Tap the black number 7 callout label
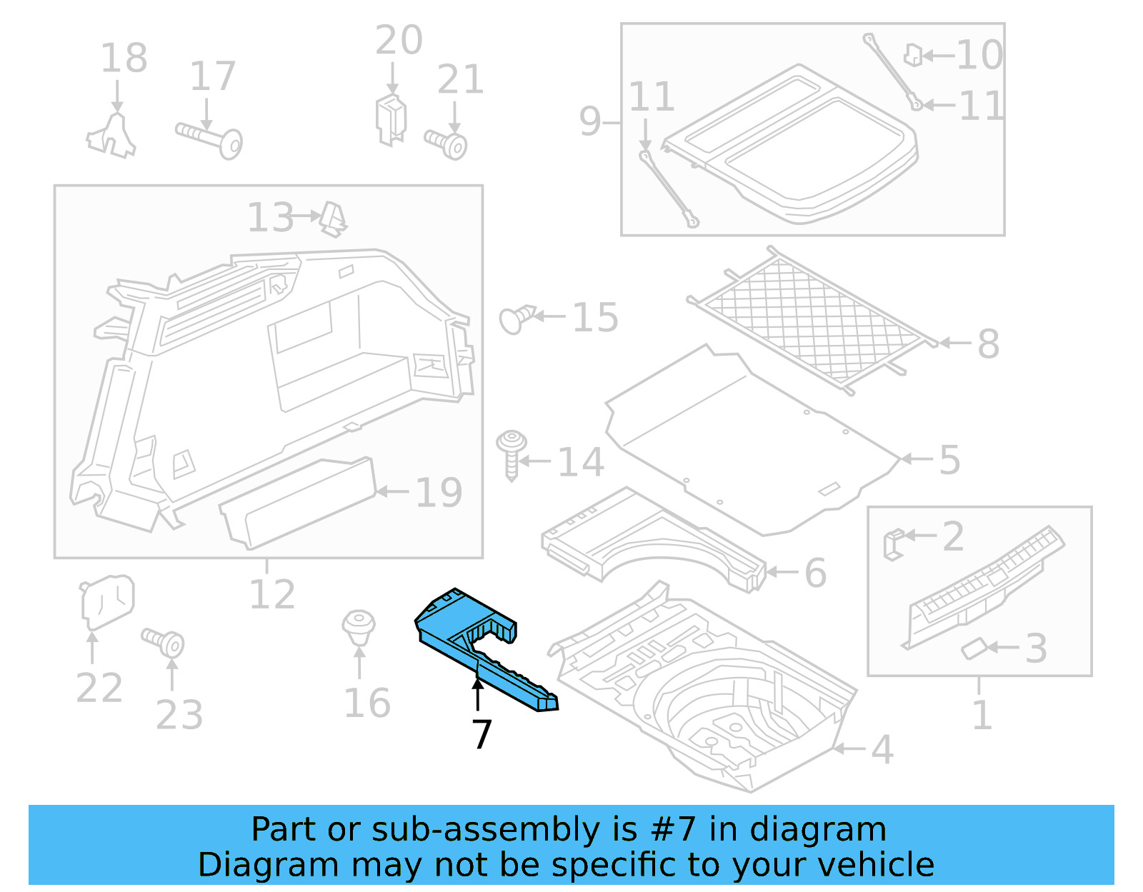(x=482, y=733)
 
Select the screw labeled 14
(x=511, y=454)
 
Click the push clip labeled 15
(x=516, y=319)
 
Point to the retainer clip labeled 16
(x=359, y=627)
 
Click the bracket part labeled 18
(x=113, y=136)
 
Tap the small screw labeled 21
(x=447, y=143)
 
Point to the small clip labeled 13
(x=333, y=219)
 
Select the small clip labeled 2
(x=893, y=543)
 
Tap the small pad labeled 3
(x=973, y=648)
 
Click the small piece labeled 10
(x=913, y=55)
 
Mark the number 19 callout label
(x=439, y=492)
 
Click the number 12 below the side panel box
(x=271, y=594)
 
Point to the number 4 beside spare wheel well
(x=882, y=749)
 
